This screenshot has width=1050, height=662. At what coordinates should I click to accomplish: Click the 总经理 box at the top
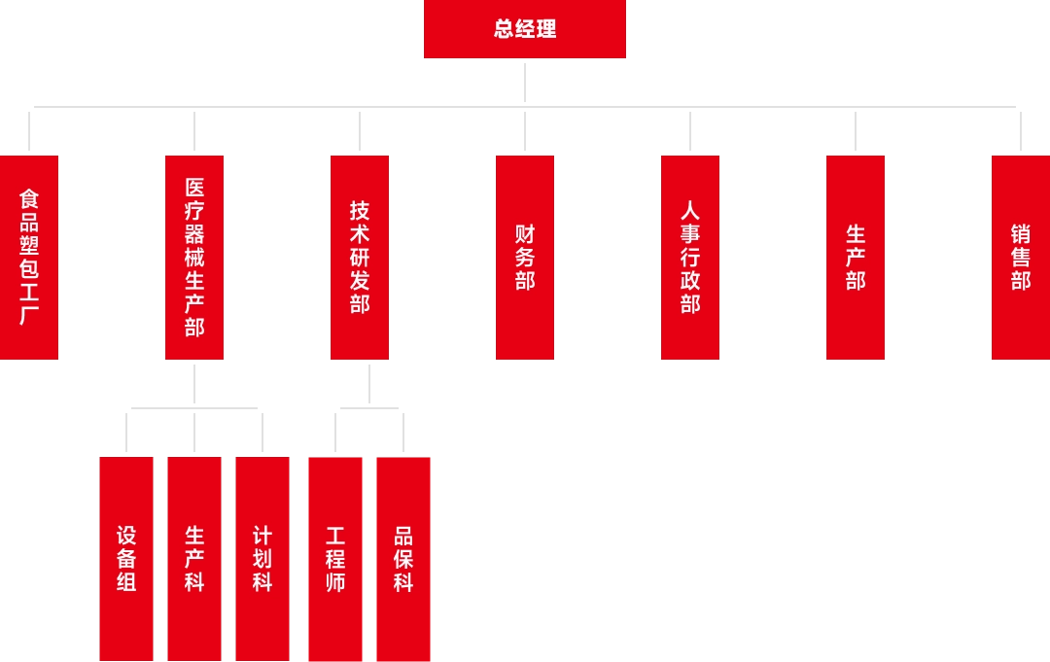pyautogui.click(x=525, y=29)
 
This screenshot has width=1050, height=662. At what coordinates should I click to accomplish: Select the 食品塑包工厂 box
pyautogui.click(x=29, y=259)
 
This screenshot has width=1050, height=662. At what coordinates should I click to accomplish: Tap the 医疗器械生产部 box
pyautogui.click(x=194, y=259)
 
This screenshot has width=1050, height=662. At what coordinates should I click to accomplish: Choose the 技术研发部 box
pyautogui.click(x=359, y=259)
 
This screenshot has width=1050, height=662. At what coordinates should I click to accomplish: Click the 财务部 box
pyautogui.click(x=525, y=259)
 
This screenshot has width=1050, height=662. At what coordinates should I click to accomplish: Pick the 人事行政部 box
pyautogui.click(x=690, y=259)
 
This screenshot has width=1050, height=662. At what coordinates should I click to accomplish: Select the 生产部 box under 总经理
pyautogui.click(x=856, y=259)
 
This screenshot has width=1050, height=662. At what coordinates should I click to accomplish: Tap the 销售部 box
pyautogui.click(x=1020, y=259)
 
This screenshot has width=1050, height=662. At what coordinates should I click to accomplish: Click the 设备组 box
pyautogui.click(x=125, y=557)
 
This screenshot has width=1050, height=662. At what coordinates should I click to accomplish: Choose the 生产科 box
pyautogui.click(x=194, y=557)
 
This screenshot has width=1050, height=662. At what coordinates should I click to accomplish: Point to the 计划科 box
pyautogui.click(x=262, y=557)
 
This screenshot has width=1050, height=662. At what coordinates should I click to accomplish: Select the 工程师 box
pyautogui.click(x=335, y=557)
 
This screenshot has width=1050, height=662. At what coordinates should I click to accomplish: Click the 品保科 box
pyautogui.click(x=403, y=557)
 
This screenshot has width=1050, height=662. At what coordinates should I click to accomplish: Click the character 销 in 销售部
pyautogui.click(x=1020, y=234)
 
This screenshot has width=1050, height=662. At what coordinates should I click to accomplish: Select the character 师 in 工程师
pyautogui.click(x=335, y=582)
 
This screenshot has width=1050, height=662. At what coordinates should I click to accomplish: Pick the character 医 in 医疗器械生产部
pyautogui.click(x=194, y=187)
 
